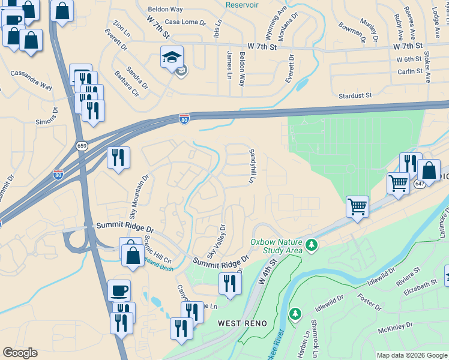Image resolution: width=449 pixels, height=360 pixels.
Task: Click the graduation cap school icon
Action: (171, 58)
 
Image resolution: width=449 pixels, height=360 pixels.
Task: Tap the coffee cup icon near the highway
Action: (119, 290)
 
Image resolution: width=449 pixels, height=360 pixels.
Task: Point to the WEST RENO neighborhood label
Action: (238, 323)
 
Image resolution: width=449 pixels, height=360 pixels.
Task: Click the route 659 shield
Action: (82, 145)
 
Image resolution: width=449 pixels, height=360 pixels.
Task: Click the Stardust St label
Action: (355, 95)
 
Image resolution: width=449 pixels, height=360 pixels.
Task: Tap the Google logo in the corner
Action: (20, 353)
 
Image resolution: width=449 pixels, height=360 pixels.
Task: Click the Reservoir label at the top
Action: (242, 5)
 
